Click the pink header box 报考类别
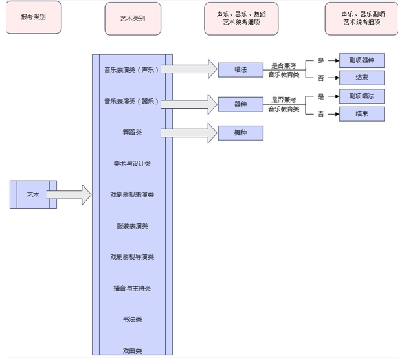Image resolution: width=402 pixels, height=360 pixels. pos(33,18)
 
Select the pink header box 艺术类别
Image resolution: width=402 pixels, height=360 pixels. pos(133,18)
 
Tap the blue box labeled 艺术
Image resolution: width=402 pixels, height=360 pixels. pos(33,194)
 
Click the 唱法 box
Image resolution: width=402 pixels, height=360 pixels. pos(240,69)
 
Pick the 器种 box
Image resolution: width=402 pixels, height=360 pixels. pos(240,104)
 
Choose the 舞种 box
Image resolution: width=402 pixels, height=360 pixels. pos(240,133)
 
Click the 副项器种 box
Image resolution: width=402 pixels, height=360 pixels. pos(362,61)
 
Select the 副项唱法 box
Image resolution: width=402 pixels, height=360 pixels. pos(362,96)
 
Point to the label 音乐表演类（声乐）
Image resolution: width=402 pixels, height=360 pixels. pos(132,70)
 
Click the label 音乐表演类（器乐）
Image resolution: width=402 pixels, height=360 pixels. pos(132,102)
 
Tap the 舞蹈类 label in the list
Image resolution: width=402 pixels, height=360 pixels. pos(132,133)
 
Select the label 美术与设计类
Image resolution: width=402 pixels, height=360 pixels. pos(132,164)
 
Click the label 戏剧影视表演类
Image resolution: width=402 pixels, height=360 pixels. pos(132,195)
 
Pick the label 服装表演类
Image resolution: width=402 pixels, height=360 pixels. pos(132,226)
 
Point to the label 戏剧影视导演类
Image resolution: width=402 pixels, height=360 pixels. pos(132,257)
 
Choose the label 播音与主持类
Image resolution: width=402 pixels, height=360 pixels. pos(132,288)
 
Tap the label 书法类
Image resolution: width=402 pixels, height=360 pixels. pos(132,319)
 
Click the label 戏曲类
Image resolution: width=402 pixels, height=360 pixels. pos(132,350)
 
